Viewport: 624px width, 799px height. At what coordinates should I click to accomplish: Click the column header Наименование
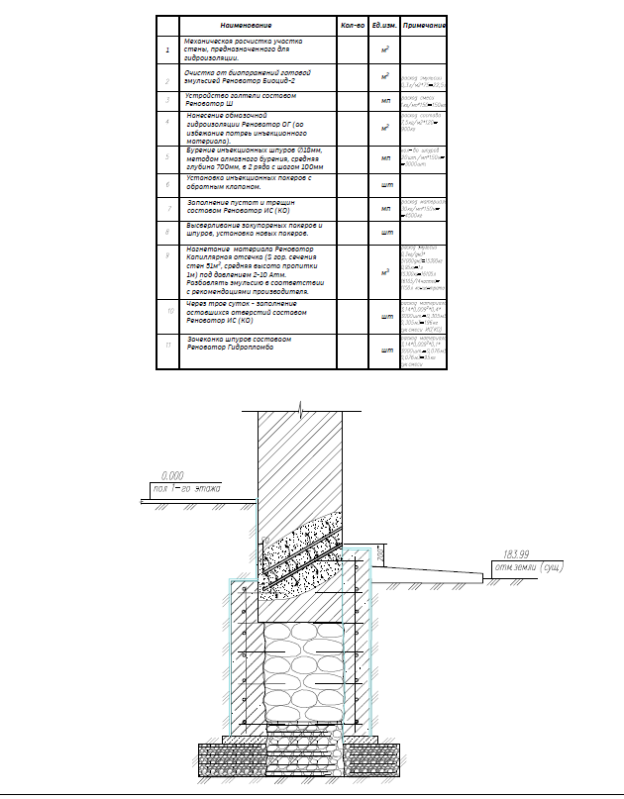click(x=246, y=25)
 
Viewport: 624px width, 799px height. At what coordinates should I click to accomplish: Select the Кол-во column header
click(x=354, y=25)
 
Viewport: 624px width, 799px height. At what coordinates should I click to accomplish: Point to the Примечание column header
click(x=426, y=25)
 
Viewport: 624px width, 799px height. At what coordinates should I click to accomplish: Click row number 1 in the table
click(x=168, y=49)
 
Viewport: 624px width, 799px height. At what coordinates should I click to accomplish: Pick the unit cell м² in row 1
click(x=385, y=49)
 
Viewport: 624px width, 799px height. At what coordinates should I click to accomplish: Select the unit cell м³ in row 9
click(x=385, y=269)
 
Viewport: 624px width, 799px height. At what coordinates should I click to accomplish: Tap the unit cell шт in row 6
click(x=385, y=185)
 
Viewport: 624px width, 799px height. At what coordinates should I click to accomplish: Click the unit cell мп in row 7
click(x=385, y=208)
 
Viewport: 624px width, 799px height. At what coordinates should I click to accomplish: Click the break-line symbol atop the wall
click(x=300, y=406)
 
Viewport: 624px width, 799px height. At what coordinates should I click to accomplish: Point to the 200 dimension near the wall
click(x=380, y=560)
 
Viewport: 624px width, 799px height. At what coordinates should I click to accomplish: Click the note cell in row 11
click(x=424, y=351)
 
